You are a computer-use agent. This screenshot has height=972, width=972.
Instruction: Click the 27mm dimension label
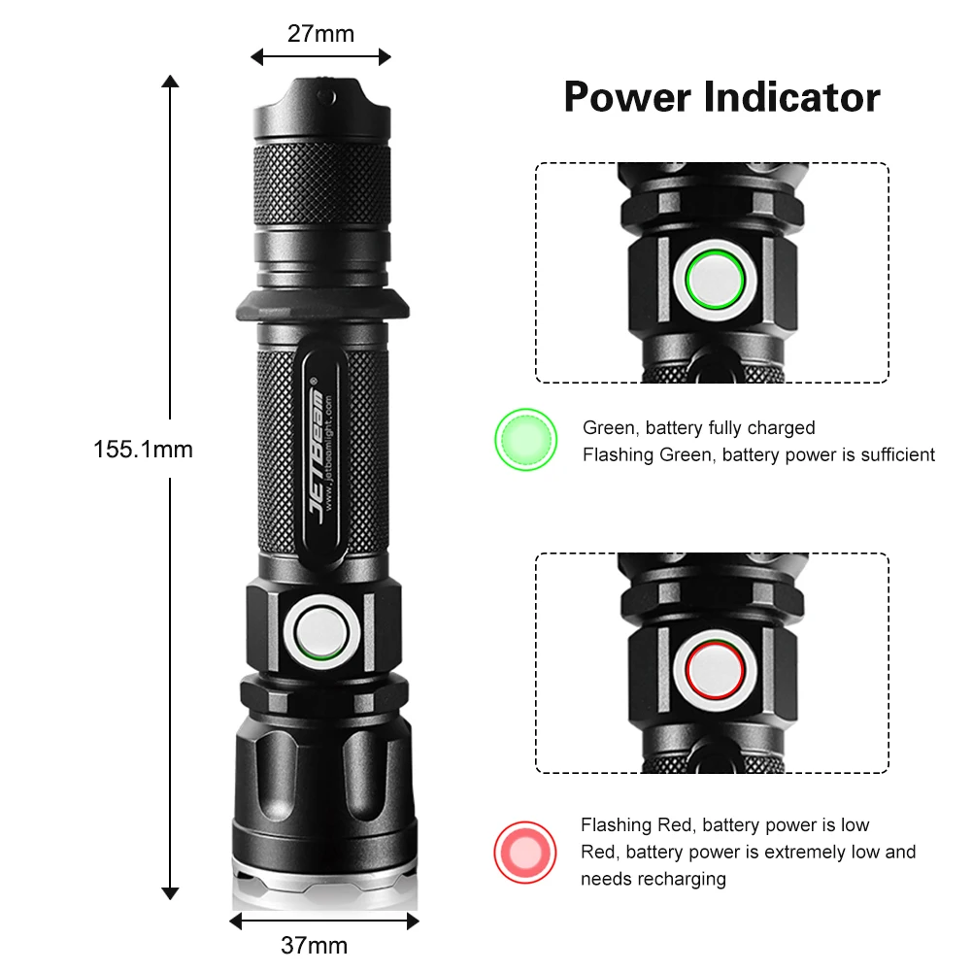click(320, 33)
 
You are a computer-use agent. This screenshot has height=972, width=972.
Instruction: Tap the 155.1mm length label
click(143, 450)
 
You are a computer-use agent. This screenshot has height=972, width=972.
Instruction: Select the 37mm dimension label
click(315, 946)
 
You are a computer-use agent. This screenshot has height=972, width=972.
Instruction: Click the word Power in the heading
click(627, 97)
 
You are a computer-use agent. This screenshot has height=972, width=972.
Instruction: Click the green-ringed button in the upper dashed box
click(715, 280)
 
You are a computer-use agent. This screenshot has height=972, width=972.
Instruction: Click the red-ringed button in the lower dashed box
click(715, 670)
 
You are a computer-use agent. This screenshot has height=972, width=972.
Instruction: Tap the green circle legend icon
click(525, 440)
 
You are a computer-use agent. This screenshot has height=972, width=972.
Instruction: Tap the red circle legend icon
click(525, 853)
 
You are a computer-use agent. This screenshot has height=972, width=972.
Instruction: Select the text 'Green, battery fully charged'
click(698, 427)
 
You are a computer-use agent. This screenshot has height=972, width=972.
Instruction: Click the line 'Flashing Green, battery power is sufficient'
click(758, 455)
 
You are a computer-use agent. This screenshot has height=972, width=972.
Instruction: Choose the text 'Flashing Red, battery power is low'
click(724, 825)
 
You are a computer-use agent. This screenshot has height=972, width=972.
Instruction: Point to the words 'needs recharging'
click(654, 879)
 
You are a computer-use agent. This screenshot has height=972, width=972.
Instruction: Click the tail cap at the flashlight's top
click(321, 108)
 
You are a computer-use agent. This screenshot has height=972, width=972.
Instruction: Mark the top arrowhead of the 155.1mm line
click(170, 82)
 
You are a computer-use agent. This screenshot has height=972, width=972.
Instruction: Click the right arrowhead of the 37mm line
click(413, 922)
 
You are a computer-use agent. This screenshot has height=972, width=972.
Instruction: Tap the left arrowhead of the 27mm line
click(256, 57)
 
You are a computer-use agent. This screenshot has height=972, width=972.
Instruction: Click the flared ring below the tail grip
click(322, 305)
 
